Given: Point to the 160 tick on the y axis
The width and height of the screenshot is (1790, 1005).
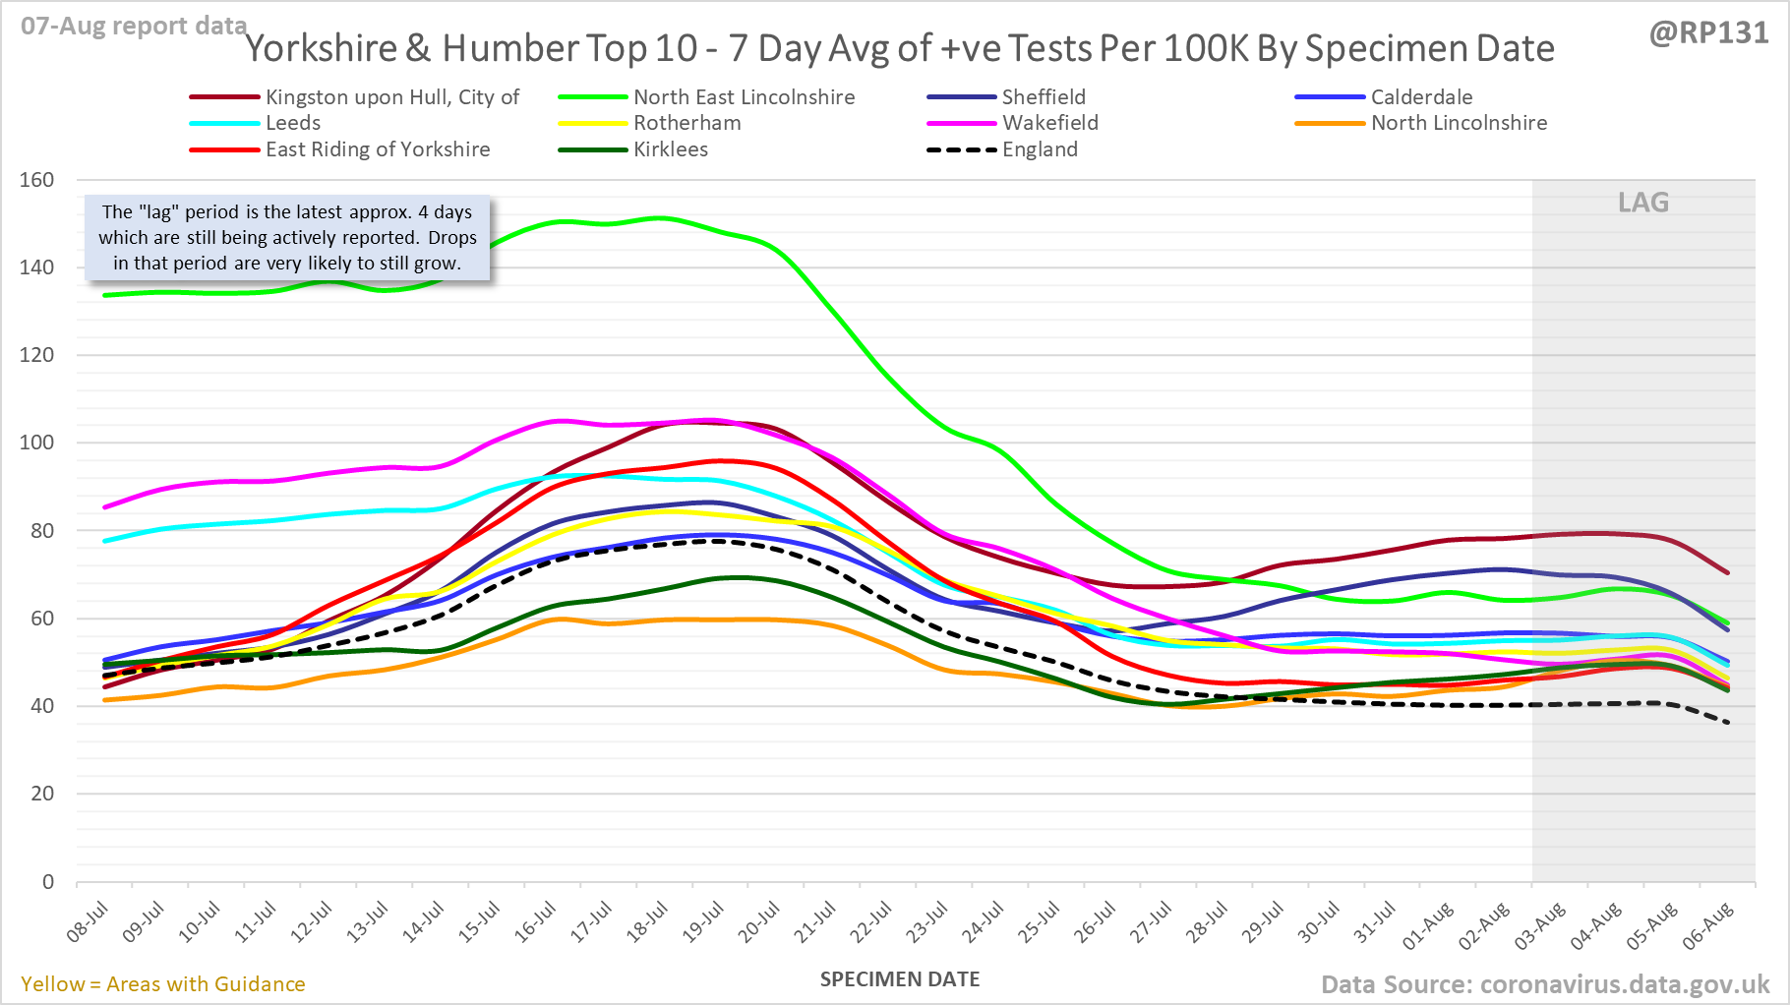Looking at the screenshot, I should (x=36, y=180).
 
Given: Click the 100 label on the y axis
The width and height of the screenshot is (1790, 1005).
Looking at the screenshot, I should (x=36, y=443).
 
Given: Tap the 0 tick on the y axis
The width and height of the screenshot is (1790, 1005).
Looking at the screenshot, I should (x=47, y=881).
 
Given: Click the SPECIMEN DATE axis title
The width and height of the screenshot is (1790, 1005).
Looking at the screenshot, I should (x=900, y=979).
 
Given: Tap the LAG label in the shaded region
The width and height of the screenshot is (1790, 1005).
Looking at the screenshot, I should (x=1643, y=203).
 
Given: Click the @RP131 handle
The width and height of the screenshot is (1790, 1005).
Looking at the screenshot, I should (x=1708, y=33).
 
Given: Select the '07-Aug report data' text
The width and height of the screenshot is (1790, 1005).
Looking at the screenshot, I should (x=134, y=27).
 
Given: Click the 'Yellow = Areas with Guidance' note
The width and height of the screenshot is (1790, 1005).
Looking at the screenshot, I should (x=163, y=984).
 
